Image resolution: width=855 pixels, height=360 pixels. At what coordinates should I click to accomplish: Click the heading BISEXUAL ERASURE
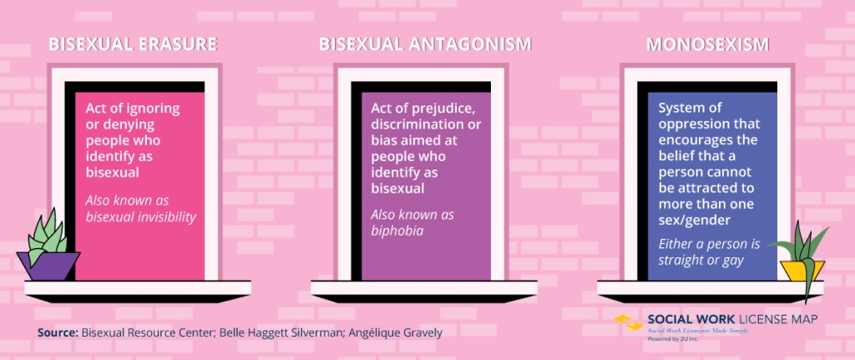(133, 44)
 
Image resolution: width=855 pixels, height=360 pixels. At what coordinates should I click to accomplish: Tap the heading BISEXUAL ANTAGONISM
(425, 44)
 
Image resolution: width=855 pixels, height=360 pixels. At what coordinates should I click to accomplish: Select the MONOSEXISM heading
(708, 44)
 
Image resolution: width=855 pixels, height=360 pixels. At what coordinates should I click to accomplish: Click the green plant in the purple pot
(47, 236)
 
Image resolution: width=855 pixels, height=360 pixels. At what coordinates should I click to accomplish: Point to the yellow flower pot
(802, 271)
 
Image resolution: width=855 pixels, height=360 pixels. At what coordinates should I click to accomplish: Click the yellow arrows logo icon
(629, 322)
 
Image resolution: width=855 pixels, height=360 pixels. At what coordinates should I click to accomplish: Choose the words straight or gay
(701, 260)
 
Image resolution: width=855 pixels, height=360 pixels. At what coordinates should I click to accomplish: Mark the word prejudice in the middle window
(441, 109)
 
